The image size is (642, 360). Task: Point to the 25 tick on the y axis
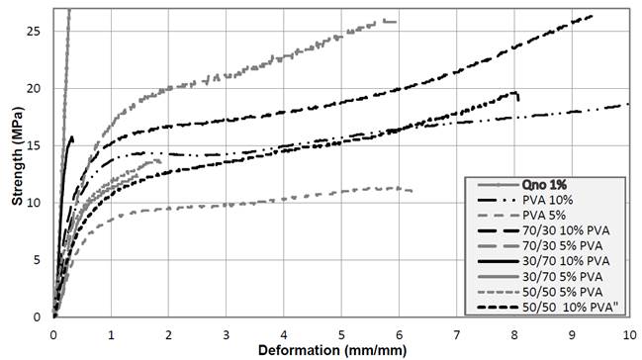pyautogui.click(x=39, y=32)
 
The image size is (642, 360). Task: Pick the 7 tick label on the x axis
pyautogui.click(x=457, y=333)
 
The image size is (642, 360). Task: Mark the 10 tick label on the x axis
pyautogui.click(x=629, y=333)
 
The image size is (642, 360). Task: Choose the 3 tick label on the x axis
pyautogui.click(x=227, y=333)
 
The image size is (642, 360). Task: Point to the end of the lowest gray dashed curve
pyautogui.click(x=412, y=191)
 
